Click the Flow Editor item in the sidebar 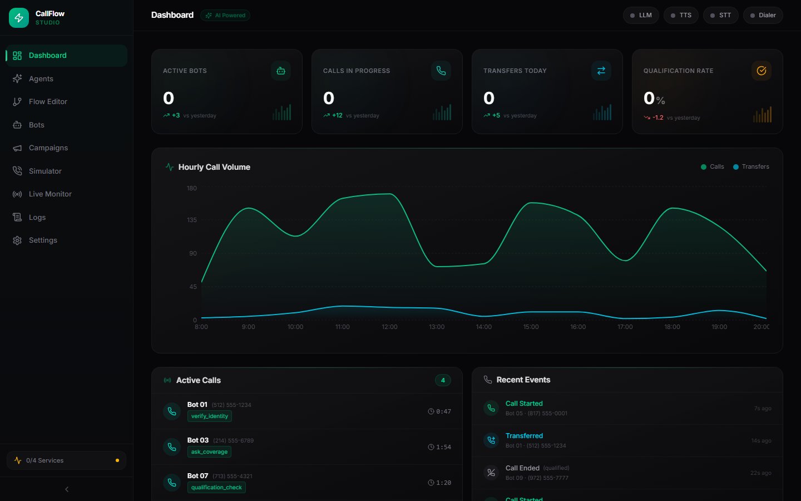[x=48, y=102]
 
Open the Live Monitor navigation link [x=50, y=194]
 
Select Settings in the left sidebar [x=43, y=240]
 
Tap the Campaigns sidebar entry [x=48, y=148]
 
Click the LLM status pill [x=641, y=16]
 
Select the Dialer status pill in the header [x=763, y=16]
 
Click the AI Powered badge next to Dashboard [x=225, y=16]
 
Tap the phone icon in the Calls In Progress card [x=441, y=71]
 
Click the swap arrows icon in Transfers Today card [x=601, y=71]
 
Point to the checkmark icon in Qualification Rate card [x=762, y=71]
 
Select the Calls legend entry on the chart [x=713, y=167]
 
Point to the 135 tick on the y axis [x=192, y=220]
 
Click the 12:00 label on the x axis [x=389, y=327]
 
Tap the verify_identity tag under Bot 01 [x=210, y=416]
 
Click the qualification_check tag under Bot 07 [x=216, y=488]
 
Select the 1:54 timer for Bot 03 [x=439, y=448]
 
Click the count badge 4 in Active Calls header [x=443, y=381]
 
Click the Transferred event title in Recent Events [x=524, y=436]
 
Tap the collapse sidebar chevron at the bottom [x=67, y=489]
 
